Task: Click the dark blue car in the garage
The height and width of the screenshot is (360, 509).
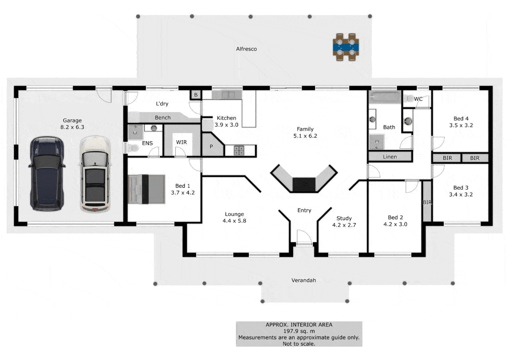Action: point(47,173)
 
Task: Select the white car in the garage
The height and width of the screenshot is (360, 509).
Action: point(95,174)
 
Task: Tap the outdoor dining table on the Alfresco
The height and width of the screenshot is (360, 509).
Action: point(346,47)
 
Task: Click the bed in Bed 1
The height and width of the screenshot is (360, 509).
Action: point(146,189)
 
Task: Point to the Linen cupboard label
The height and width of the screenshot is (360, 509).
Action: point(390,157)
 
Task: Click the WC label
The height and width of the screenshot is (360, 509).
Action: point(418,99)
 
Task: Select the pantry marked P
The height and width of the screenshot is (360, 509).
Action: point(211,146)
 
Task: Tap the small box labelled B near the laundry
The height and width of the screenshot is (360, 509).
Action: point(196,95)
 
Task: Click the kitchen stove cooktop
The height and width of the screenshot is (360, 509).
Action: point(239,150)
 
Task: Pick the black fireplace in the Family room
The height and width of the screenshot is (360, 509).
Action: point(304,184)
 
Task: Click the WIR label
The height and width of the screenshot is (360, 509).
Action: point(181,142)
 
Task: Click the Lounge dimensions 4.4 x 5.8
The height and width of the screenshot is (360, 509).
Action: point(234,221)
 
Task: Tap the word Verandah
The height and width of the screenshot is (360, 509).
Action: point(303,280)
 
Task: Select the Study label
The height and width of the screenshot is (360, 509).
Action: point(344,218)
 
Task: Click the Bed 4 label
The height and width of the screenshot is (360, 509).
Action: point(461,118)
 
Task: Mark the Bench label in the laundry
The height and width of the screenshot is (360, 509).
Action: point(163,117)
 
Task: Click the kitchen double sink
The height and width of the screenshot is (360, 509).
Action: point(227,95)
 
